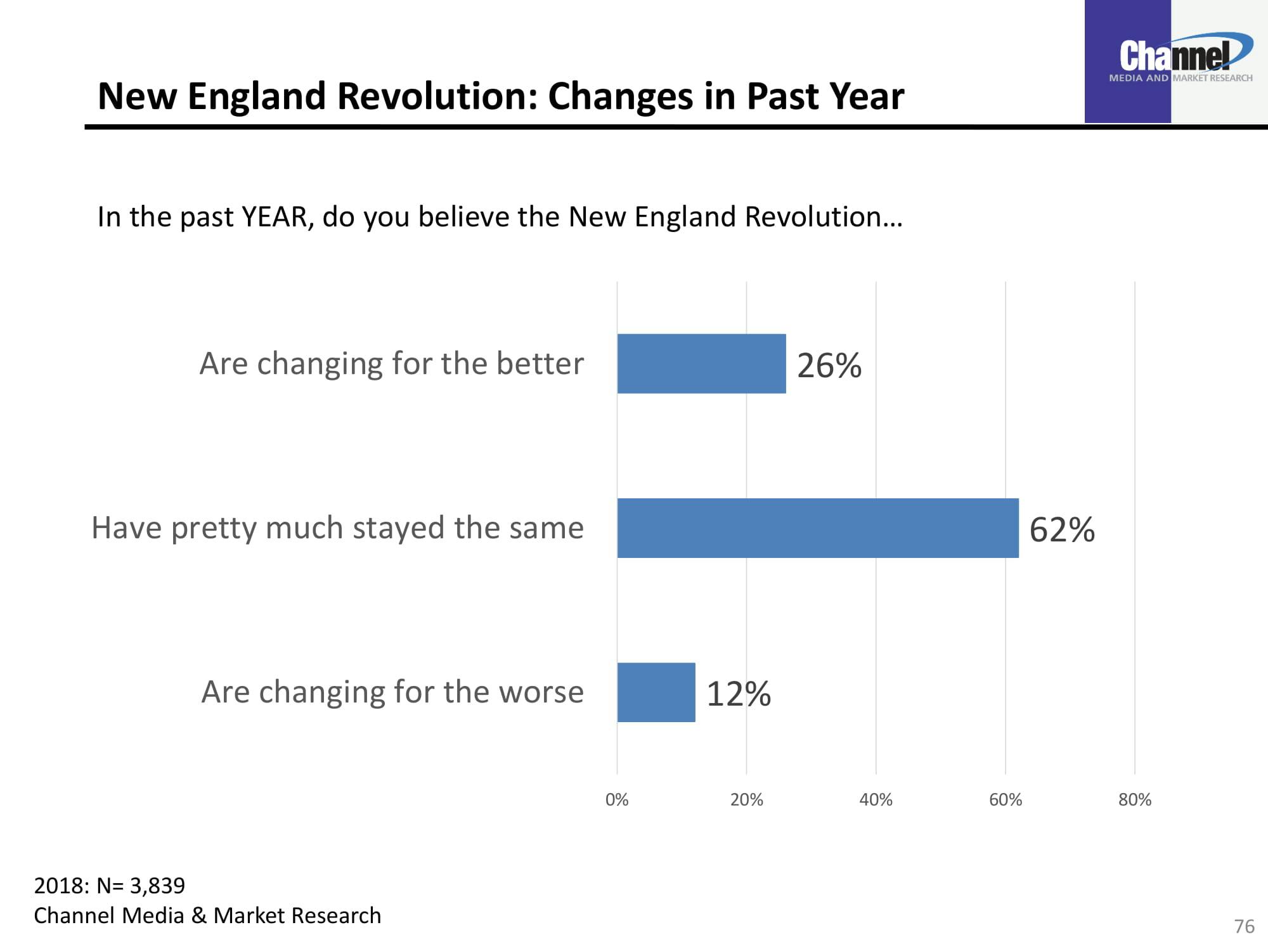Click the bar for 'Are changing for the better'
(x=701, y=363)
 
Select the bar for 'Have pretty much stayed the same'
(x=818, y=527)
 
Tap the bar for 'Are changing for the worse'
(x=656, y=692)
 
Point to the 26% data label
(x=829, y=365)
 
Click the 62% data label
(x=1062, y=529)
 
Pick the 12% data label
(x=739, y=694)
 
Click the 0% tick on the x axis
(x=617, y=799)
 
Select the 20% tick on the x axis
(x=746, y=799)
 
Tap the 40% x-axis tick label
(x=876, y=799)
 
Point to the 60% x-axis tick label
(x=1006, y=799)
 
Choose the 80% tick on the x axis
(x=1135, y=799)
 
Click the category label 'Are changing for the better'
(x=391, y=364)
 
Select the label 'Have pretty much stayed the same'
(x=337, y=528)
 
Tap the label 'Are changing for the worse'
(x=392, y=692)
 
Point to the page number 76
(x=1244, y=926)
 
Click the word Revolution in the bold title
(x=437, y=96)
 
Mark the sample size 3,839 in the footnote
(x=157, y=885)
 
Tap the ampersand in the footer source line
(x=198, y=915)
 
